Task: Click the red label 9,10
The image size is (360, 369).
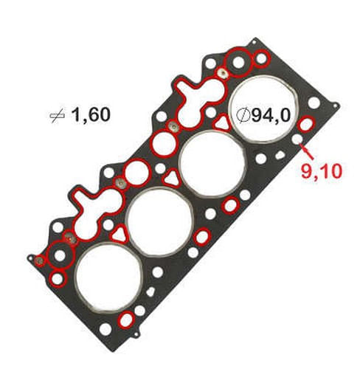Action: coord(321,172)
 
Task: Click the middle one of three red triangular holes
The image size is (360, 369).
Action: coord(169,177)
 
